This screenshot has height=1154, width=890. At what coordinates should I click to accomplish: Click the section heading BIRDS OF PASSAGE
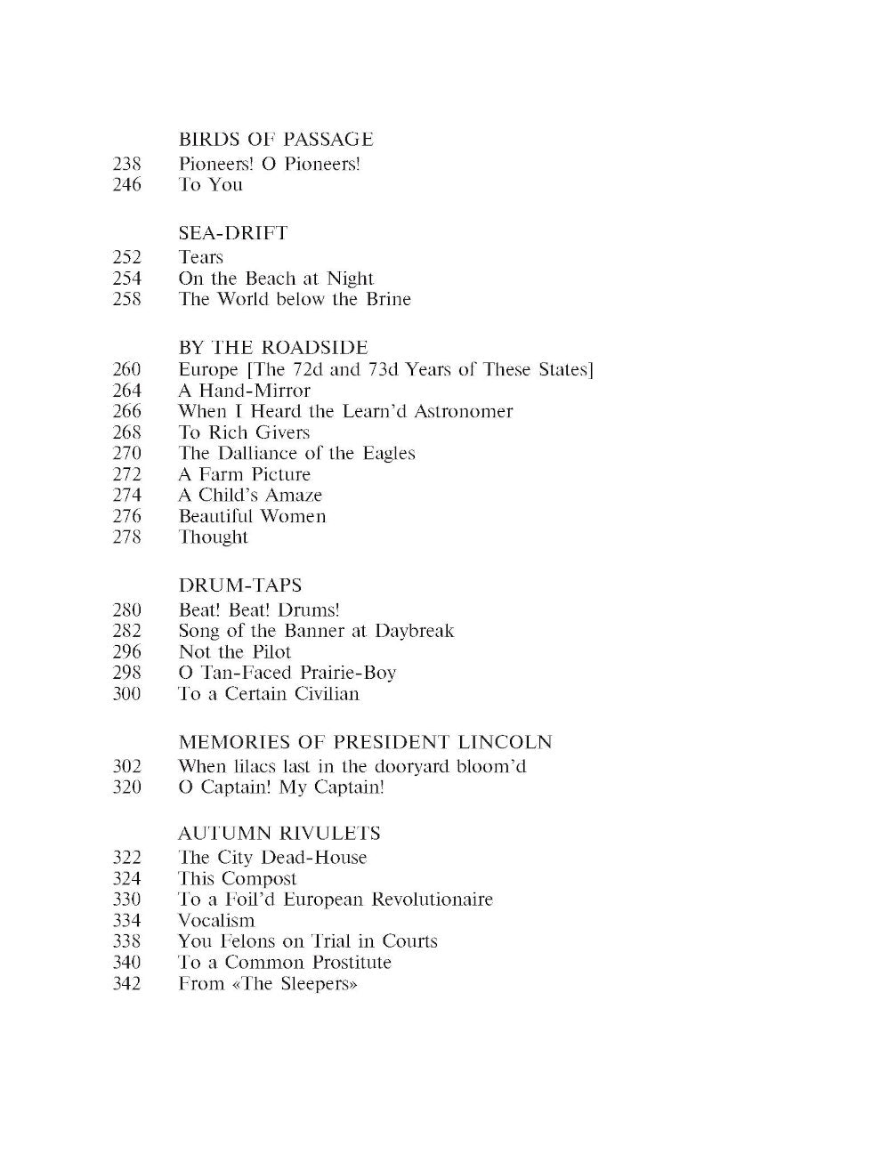pyautogui.click(x=276, y=140)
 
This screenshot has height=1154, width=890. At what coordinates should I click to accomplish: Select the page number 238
pyautogui.click(x=127, y=164)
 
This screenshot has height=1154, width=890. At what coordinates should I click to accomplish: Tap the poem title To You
pyautogui.click(x=210, y=185)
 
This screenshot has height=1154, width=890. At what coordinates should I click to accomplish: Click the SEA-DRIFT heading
pyautogui.click(x=233, y=233)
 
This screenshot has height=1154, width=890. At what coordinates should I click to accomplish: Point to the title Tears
pyautogui.click(x=200, y=257)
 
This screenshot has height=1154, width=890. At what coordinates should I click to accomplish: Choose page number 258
pyautogui.click(x=127, y=299)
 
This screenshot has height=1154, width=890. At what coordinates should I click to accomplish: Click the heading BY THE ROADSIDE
pyautogui.click(x=273, y=348)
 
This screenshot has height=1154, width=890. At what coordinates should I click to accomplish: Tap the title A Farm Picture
pyautogui.click(x=244, y=474)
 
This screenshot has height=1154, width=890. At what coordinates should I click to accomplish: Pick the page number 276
pyautogui.click(x=127, y=516)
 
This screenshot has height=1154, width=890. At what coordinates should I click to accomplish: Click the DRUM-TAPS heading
pyautogui.click(x=240, y=585)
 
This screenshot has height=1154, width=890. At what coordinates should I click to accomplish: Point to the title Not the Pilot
pyautogui.click(x=235, y=652)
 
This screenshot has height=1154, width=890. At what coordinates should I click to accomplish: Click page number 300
pyautogui.click(x=127, y=694)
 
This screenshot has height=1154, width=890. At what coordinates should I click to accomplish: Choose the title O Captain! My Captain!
pyautogui.click(x=281, y=787)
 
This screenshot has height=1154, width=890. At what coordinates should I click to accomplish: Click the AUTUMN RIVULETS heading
pyautogui.click(x=279, y=834)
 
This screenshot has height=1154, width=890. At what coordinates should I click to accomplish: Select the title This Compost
pyautogui.click(x=238, y=879)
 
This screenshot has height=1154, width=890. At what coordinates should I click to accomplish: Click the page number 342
pyautogui.click(x=127, y=984)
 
